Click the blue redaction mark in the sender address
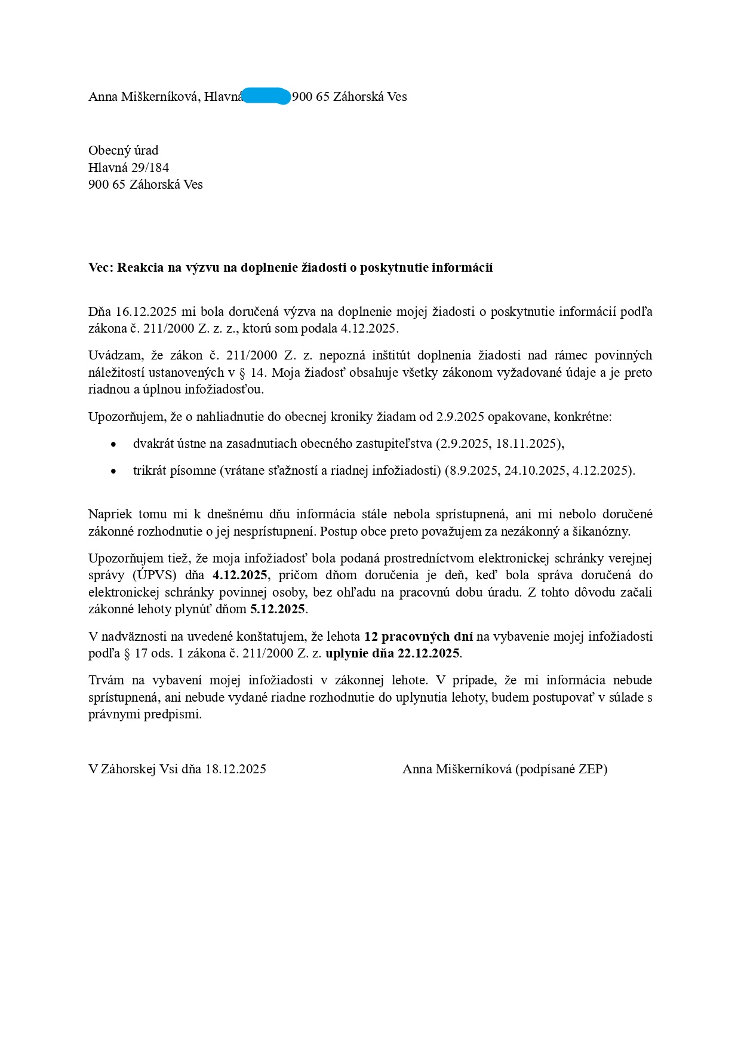pyautogui.click(x=266, y=96)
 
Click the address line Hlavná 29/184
pyautogui.click(x=128, y=167)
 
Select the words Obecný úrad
pyautogui.click(x=123, y=150)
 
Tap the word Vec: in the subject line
pyautogui.click(x=101, y=268)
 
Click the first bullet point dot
pyautogui.click(x=113, y=444)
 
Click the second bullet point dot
pyautogui.click(x=113, y=471)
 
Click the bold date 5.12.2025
pyautogui.click(x=278, y=610)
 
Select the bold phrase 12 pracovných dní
pyautogui.click(x=418, y=637)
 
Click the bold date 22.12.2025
pyautogui.click(x=428, y=653)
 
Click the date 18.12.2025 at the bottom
pyautogui.click(x=235, y=769)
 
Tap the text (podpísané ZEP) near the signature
pyautogui.click(x=561, y=769)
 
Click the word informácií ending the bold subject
pyautogui.click(x=464, y=268)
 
